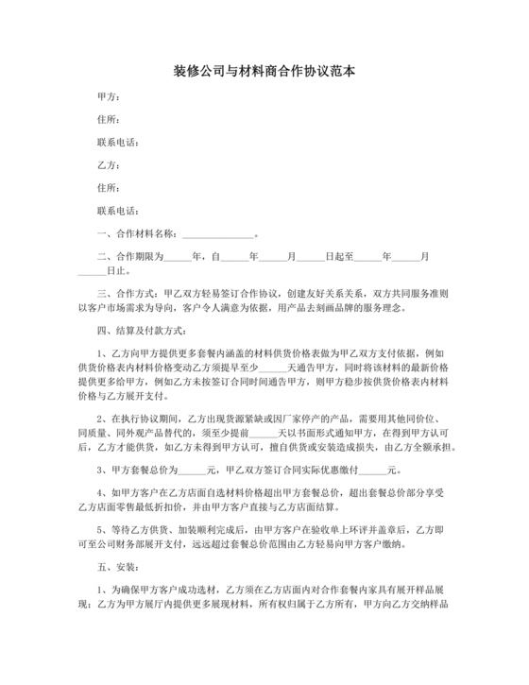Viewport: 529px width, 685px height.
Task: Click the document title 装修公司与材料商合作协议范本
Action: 264,72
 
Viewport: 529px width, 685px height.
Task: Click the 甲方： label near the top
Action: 109,98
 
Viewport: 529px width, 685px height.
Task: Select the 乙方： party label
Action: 109,165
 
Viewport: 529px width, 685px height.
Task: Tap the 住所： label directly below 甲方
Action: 109,120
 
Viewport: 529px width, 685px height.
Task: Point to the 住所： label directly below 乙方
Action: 109,187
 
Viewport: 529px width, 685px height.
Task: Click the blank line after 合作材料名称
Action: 217,233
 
